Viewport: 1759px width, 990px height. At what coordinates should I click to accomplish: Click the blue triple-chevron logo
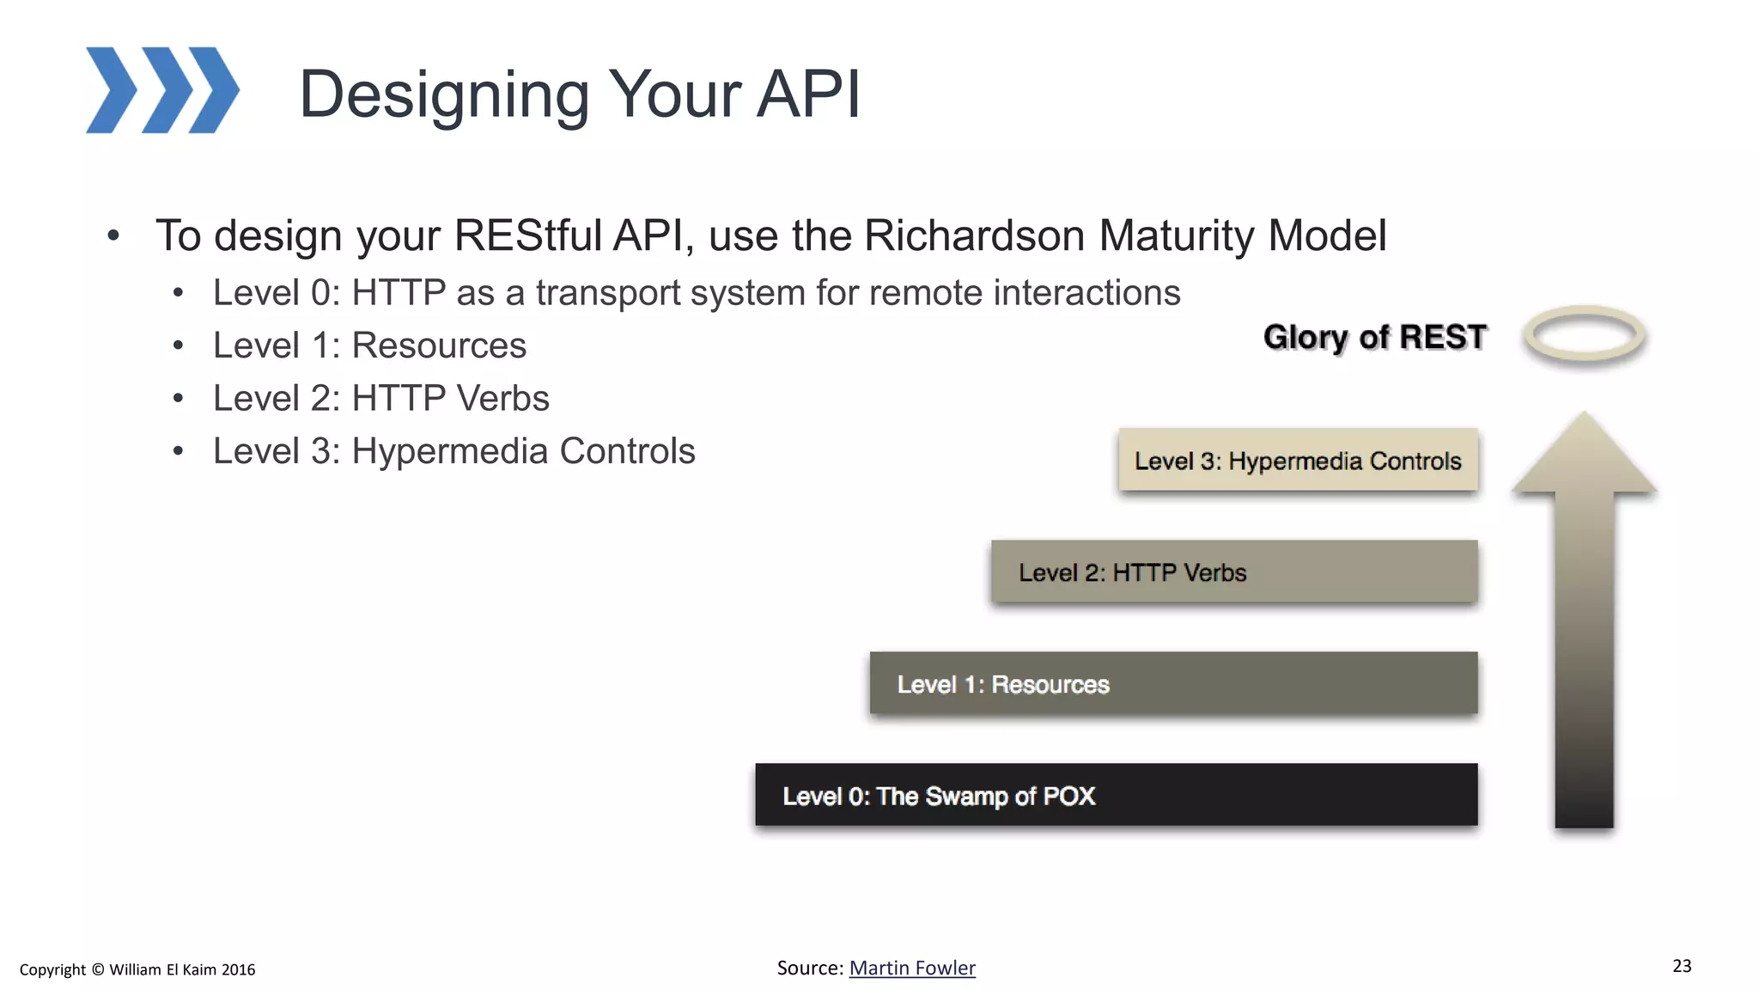coord(162,90)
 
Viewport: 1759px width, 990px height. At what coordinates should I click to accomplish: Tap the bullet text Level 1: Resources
coord(369,345)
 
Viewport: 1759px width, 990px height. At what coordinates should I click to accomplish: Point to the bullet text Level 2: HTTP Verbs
coord(380,399)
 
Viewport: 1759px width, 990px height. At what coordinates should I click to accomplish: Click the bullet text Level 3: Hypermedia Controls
coord(453,451)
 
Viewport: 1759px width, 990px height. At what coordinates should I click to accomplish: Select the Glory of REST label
coord(1374,337)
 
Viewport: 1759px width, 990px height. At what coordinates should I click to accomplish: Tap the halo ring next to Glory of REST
coord(1584,335)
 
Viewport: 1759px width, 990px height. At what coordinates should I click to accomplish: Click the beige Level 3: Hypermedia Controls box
coord(1297,461)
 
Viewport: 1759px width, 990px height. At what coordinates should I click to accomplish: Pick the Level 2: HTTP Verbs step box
coord(1234,572)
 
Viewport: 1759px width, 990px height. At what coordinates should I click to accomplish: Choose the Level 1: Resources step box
coord(1173,684)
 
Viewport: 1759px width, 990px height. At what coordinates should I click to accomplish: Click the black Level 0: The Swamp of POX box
coord(1116,796)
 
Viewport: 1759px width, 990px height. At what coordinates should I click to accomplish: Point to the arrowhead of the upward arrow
coord(1584,455)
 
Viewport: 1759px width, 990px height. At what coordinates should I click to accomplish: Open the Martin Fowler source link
coord(912,969)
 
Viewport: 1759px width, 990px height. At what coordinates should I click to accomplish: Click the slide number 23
coord(1682,966)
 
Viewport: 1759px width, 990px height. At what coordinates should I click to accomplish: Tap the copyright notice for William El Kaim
coord(137,970)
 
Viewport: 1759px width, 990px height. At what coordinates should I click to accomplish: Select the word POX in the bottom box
coord(1068,796)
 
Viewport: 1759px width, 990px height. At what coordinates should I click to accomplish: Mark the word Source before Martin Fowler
coord(808,969)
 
